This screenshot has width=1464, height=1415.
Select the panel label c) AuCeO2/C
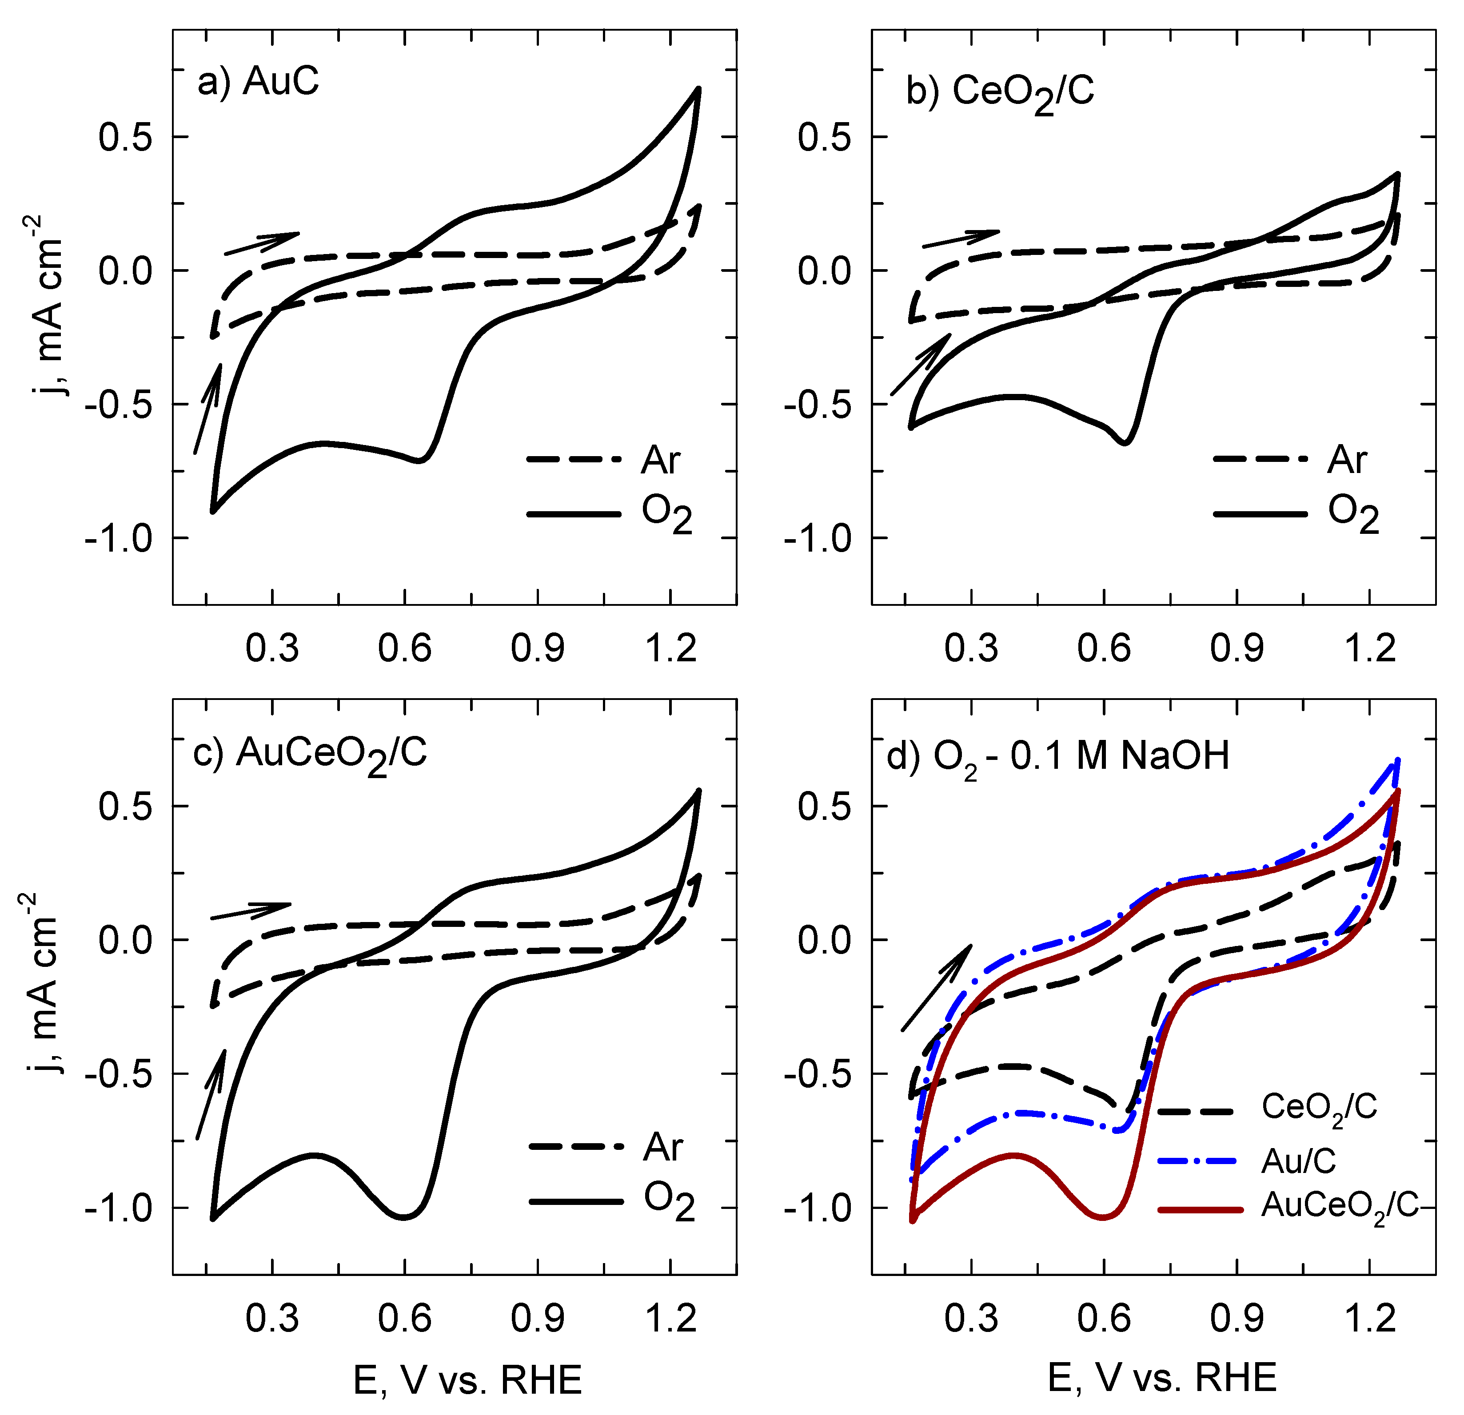(310, 753)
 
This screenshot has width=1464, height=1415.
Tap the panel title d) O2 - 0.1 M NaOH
(1057, 756)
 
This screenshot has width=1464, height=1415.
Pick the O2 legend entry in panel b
(1296, 514)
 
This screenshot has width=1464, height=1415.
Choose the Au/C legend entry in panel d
(1247, 1161)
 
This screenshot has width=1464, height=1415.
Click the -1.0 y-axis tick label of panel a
(118, 538)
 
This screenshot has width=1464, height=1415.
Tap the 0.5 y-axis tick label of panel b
(824, 137)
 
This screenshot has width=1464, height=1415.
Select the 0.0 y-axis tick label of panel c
(125, 939)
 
